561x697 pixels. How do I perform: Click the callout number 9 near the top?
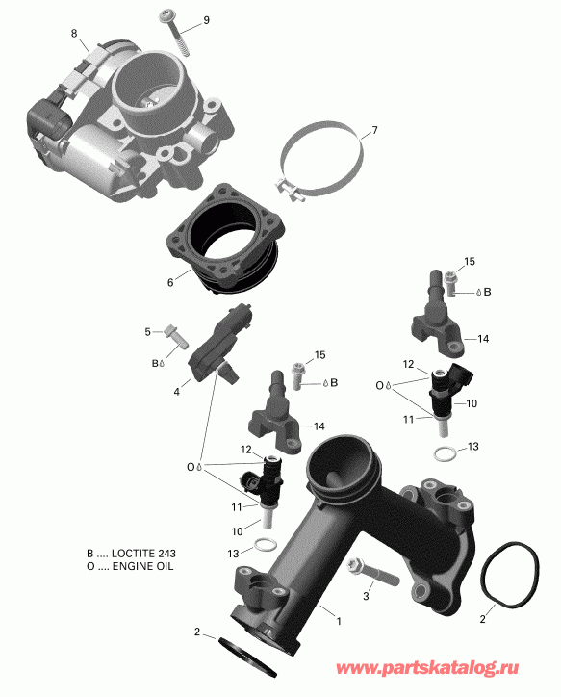click(x=204, y=21)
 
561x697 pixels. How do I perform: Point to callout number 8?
click(x=73, y=34)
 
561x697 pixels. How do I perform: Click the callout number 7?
click(x=374, y=130)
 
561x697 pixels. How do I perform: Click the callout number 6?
click(x=170, y=283)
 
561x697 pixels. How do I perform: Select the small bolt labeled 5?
click(x=175, y=334)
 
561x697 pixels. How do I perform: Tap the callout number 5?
click(x=148, y=332)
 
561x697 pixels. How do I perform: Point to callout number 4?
click(x=176, y=392)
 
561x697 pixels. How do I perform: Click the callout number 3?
click(x=366, y=597)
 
